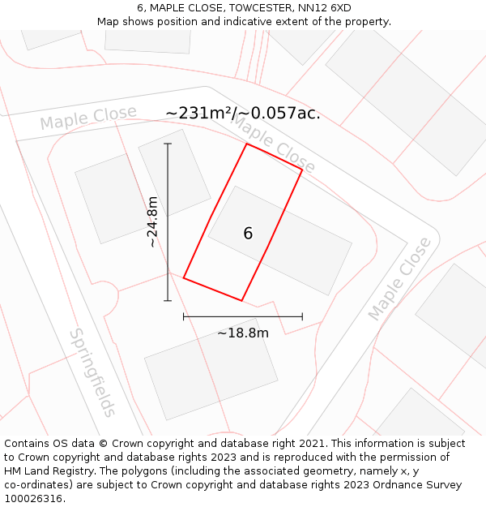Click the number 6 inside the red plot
tap(248, 234)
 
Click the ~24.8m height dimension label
tap(152, 221)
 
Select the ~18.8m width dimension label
tap(243, 333)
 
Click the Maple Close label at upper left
tap(87, 118)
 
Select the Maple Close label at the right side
tap(400, 278)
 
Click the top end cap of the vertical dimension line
tap(168, 144)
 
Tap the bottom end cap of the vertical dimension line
tap(168, 301)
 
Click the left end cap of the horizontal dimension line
tap(184, 316)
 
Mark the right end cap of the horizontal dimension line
tap(302, 316)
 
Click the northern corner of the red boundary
tap(247, 144)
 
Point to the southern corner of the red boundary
tap(241, 301)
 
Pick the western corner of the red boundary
tap(184, 278)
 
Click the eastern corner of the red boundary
tap(302, 170)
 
